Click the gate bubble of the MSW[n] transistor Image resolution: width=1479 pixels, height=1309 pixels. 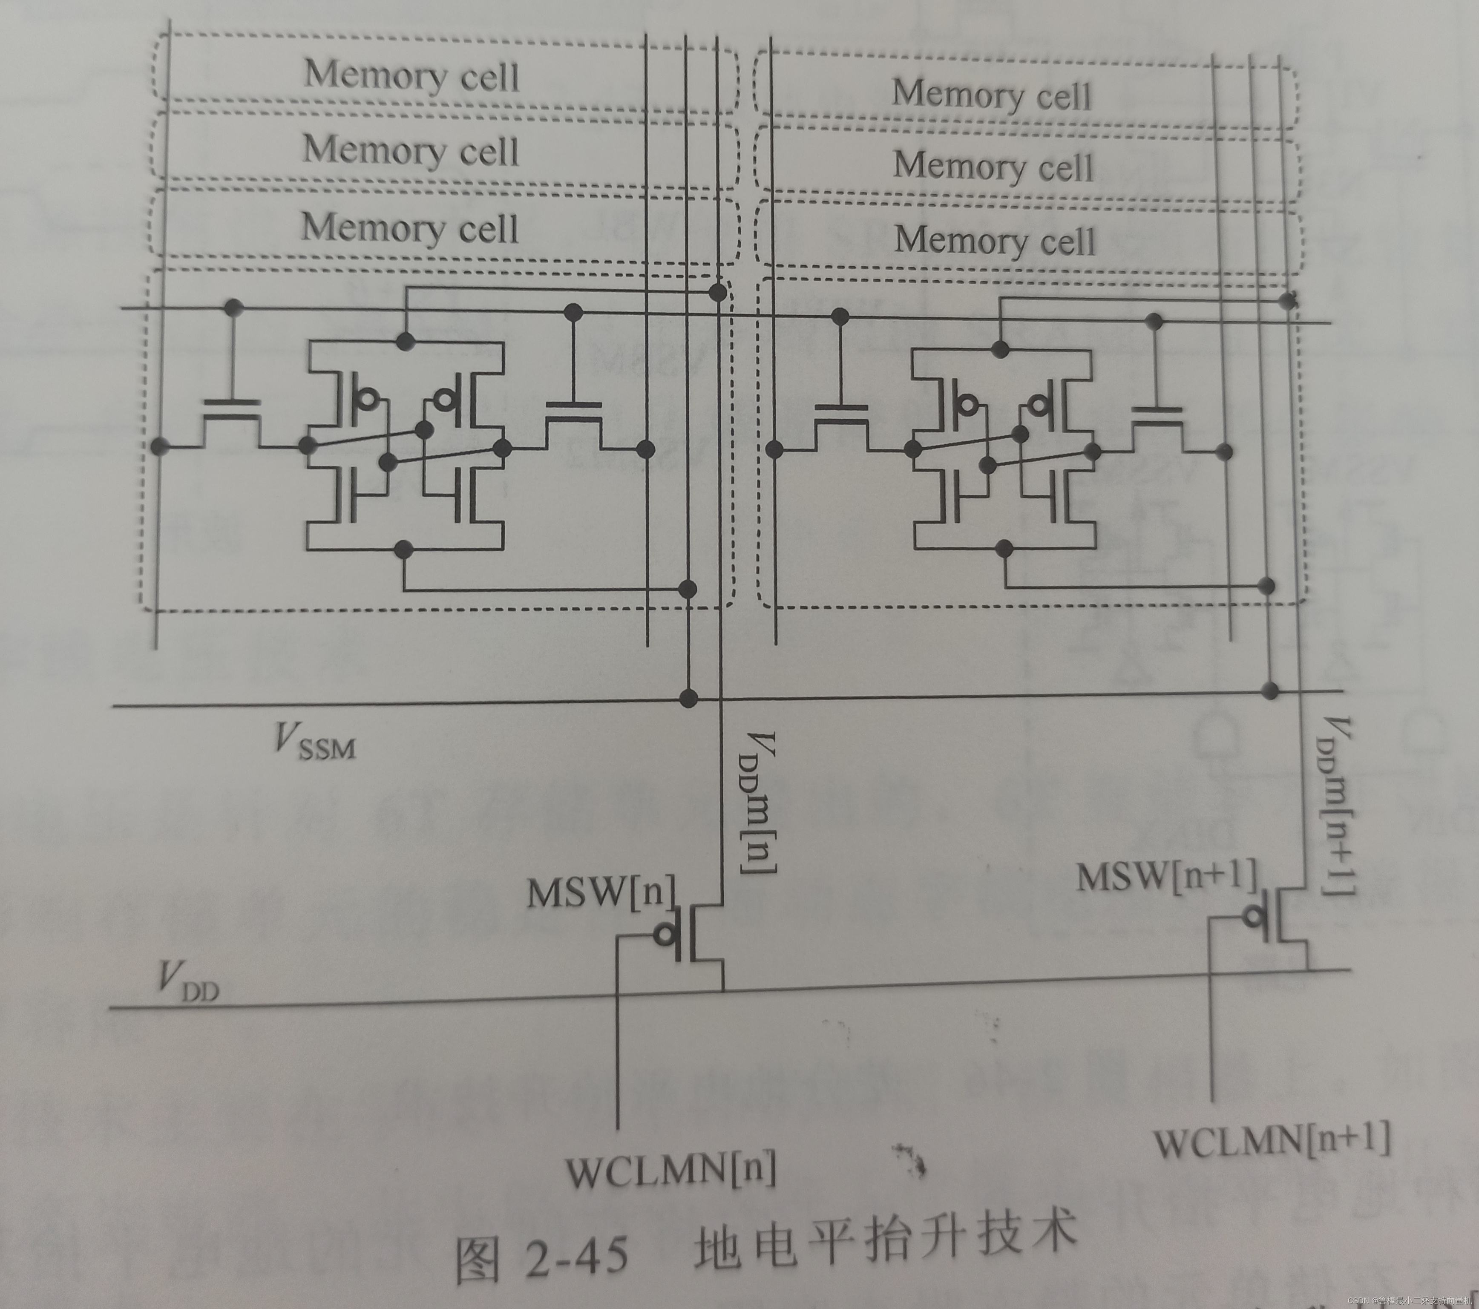click(x=664, y=935)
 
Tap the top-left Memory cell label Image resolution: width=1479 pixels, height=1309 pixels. click(x=411, y=75)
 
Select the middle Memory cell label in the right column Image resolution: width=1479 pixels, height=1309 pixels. click(x=993, y=167)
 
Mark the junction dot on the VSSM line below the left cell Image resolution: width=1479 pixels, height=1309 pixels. click(x=689, y=698)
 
